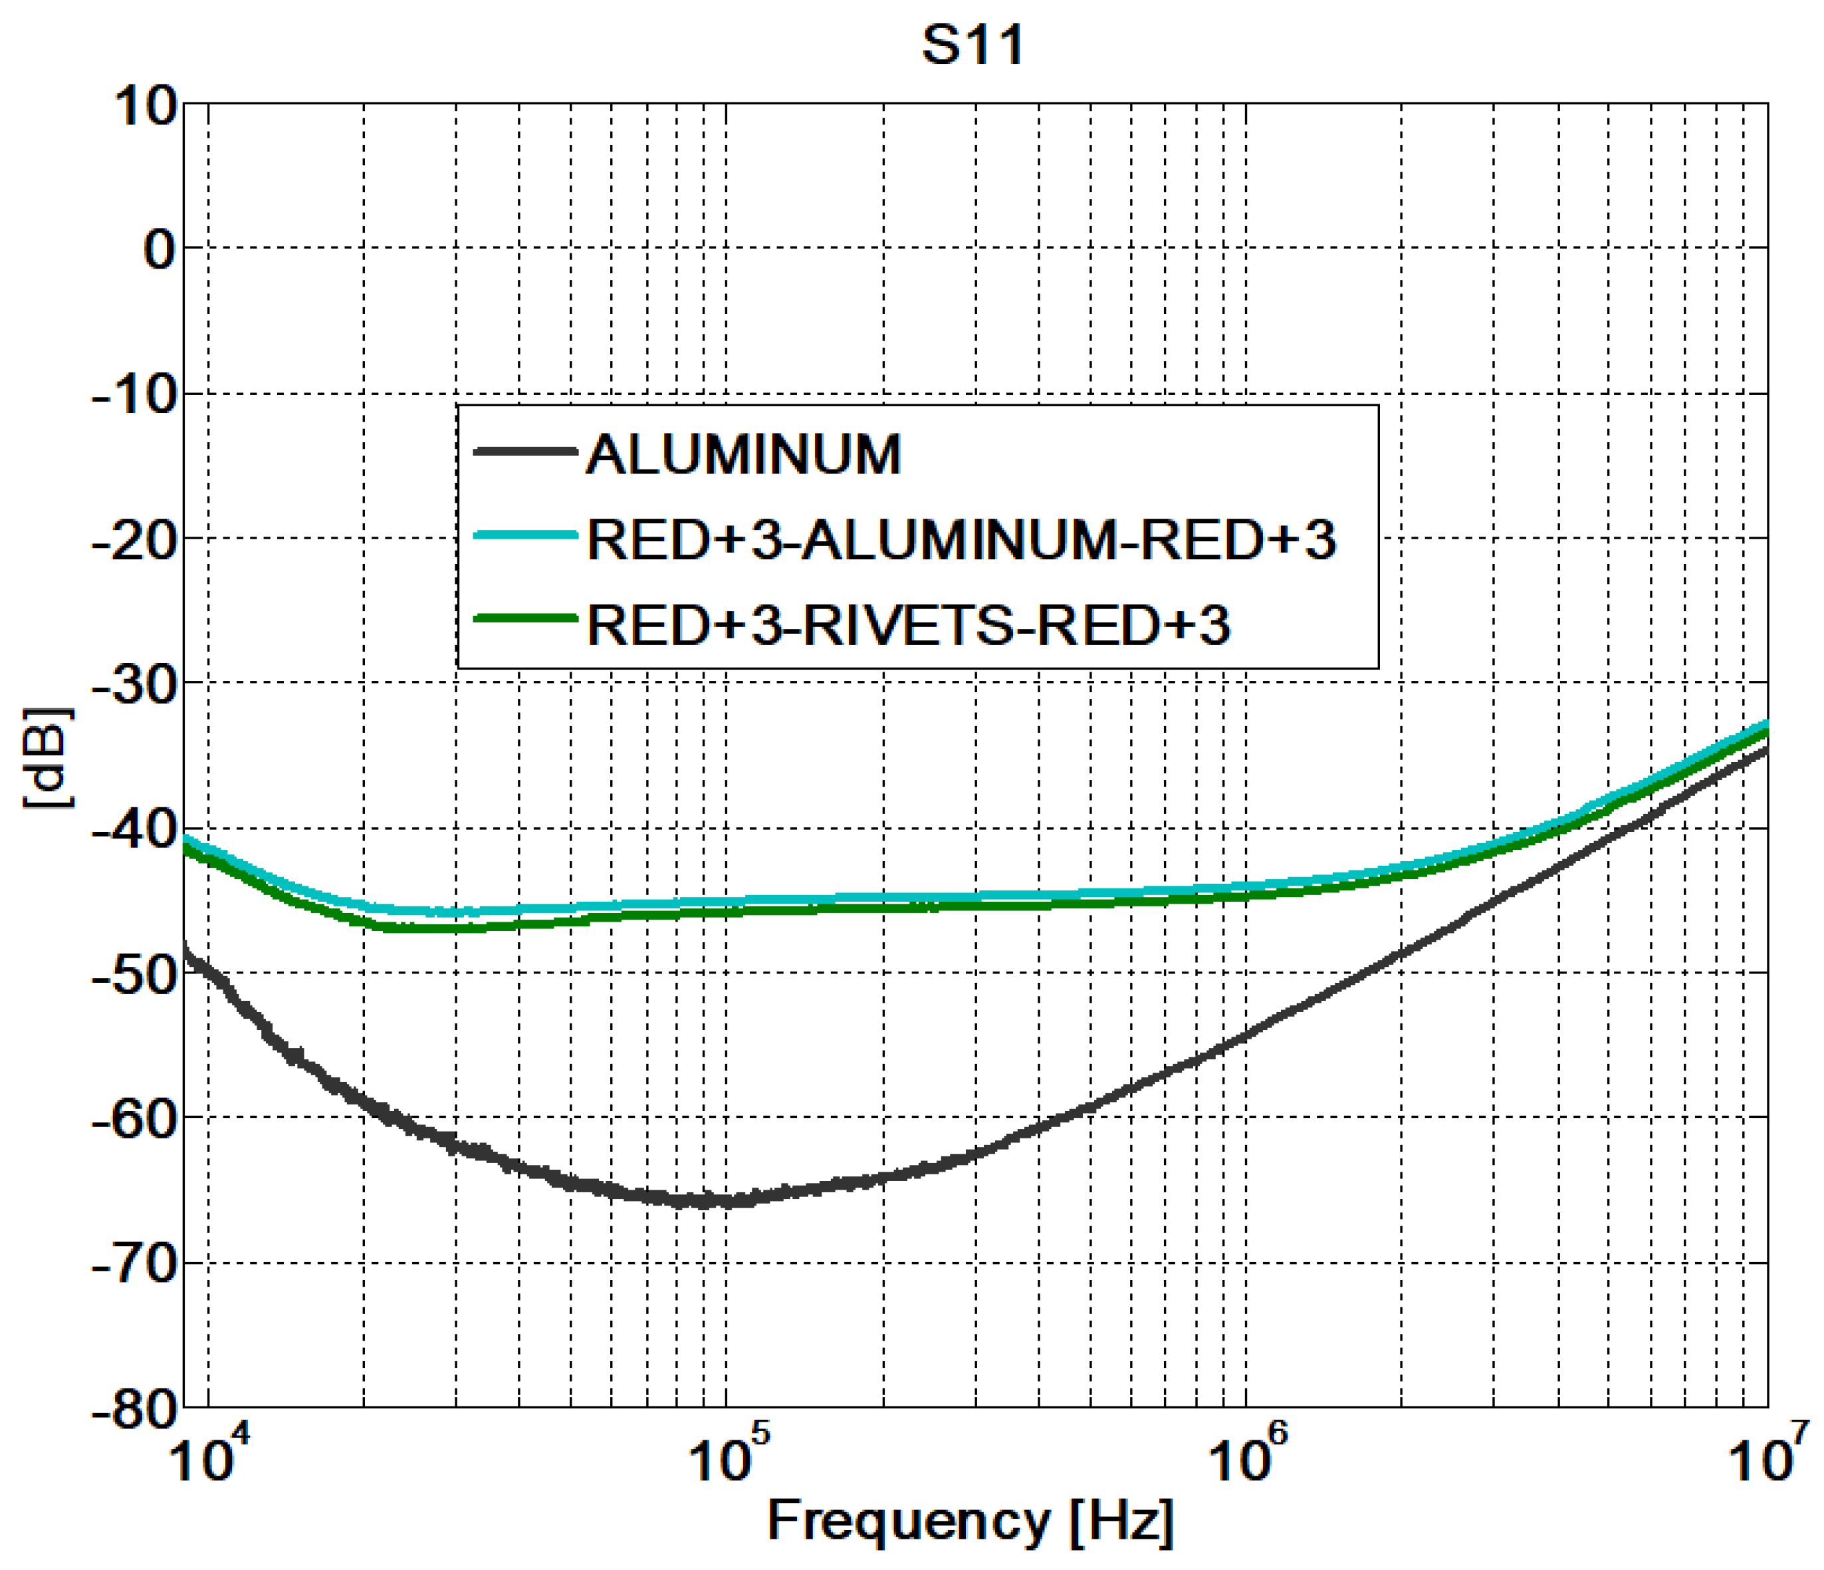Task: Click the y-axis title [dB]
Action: click(x=49, y=757)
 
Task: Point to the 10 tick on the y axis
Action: click(x=146, y=108)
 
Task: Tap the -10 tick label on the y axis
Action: click(x=135, y=396)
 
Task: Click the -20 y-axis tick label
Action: click(x=135, y=540)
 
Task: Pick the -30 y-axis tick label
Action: click(x=135, y=685)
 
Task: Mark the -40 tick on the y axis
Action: click(x=135, y=829)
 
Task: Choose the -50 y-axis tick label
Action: click(x=135, y=974)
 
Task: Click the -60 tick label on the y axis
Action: click(x=135, y=1118)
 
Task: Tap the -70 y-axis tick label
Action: click(x=135, y=1263)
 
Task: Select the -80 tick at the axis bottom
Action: click(x=135, y=1408)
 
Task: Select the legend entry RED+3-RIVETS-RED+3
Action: click(x=907, y=625)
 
